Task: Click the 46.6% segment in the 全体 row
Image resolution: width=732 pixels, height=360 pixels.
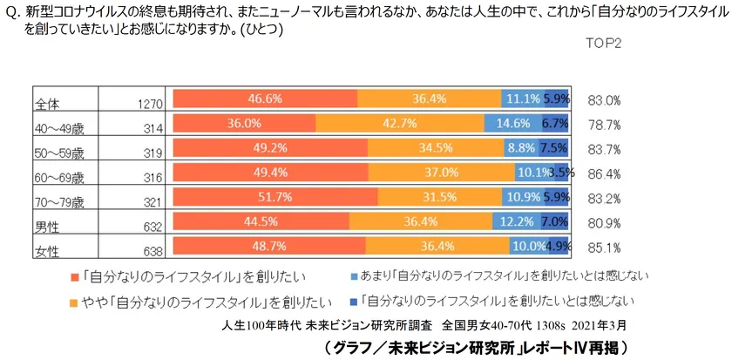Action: (x=264, y=99)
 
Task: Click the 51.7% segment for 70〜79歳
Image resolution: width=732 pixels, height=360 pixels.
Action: (x=275, y=198)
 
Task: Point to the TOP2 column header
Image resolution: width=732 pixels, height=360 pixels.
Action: (x=601, y=42)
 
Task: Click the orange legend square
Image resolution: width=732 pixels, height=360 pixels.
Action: (x=73, y=302)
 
